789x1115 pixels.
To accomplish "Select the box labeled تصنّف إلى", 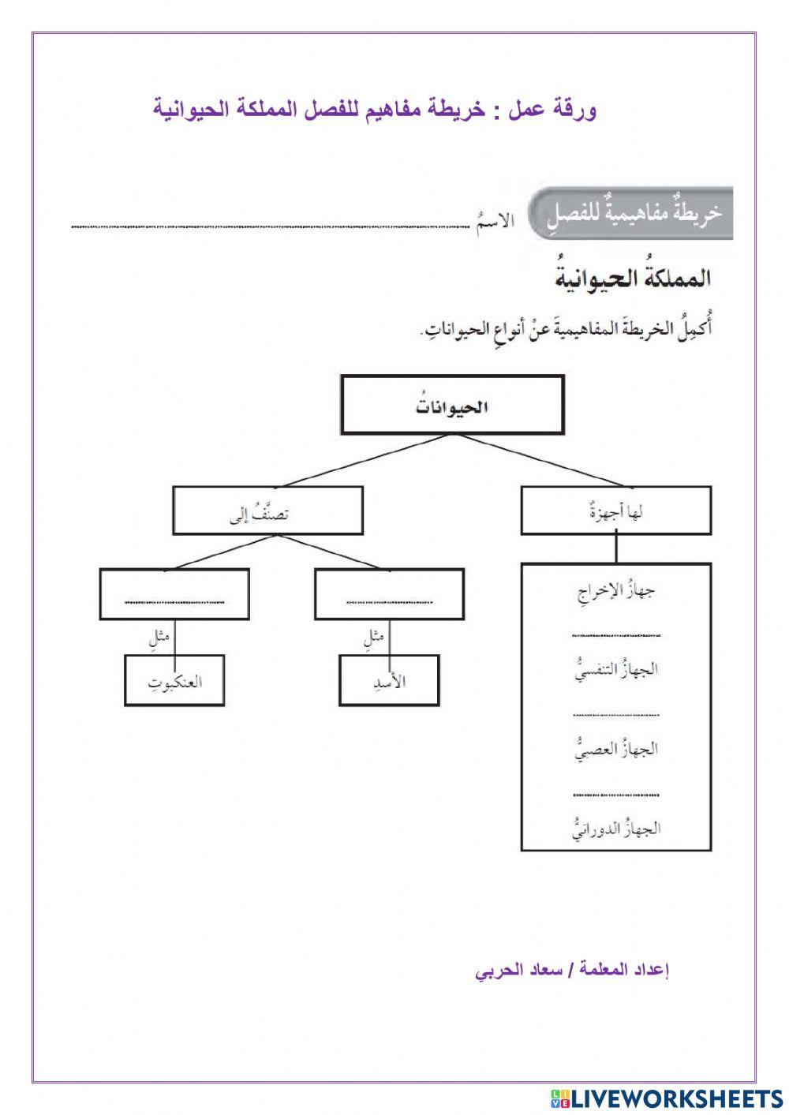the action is pos(268,511).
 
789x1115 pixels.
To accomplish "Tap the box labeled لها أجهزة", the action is pos(616,511).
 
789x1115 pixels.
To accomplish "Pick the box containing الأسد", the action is pos(389,680).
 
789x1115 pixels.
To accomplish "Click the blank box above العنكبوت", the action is pos(174,594).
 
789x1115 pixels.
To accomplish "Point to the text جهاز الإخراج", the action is pos(616,590).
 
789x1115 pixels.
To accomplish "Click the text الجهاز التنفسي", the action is pos(616,669).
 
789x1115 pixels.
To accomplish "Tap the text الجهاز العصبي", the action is pos(616,748).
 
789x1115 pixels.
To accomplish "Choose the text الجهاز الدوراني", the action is pos(616,828).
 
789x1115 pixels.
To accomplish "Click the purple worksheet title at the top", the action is pos(374,110).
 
